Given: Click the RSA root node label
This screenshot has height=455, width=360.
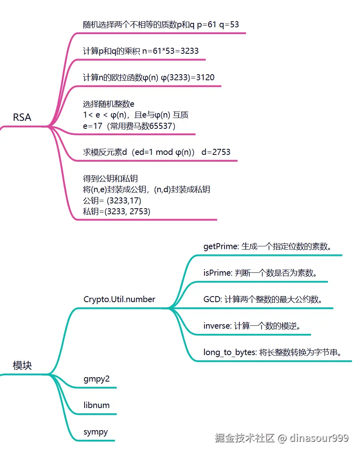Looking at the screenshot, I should tap(22, 118).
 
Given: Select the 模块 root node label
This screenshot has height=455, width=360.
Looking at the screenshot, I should tap(22, 366).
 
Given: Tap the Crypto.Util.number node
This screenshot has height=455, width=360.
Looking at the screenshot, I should tap(119, 299).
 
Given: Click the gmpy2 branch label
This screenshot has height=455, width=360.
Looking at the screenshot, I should tap(96, 379).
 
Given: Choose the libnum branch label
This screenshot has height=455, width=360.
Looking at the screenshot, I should tap(96, 405).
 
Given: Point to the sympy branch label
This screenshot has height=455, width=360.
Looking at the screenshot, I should tap(95, 432).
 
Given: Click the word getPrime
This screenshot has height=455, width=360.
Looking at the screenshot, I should tap(220, 246).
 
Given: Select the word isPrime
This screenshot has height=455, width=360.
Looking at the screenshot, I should tap(217, 273).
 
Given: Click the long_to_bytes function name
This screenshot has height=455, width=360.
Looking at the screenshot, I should tap(229, 353).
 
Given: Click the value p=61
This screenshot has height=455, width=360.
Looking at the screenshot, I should tap(207, 24).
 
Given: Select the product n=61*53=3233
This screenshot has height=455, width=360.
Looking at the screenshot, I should tap(170, 51).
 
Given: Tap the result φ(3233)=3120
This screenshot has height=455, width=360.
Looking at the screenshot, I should tap(188, 77).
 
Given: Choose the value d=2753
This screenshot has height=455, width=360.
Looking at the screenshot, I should tap(216, 152).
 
